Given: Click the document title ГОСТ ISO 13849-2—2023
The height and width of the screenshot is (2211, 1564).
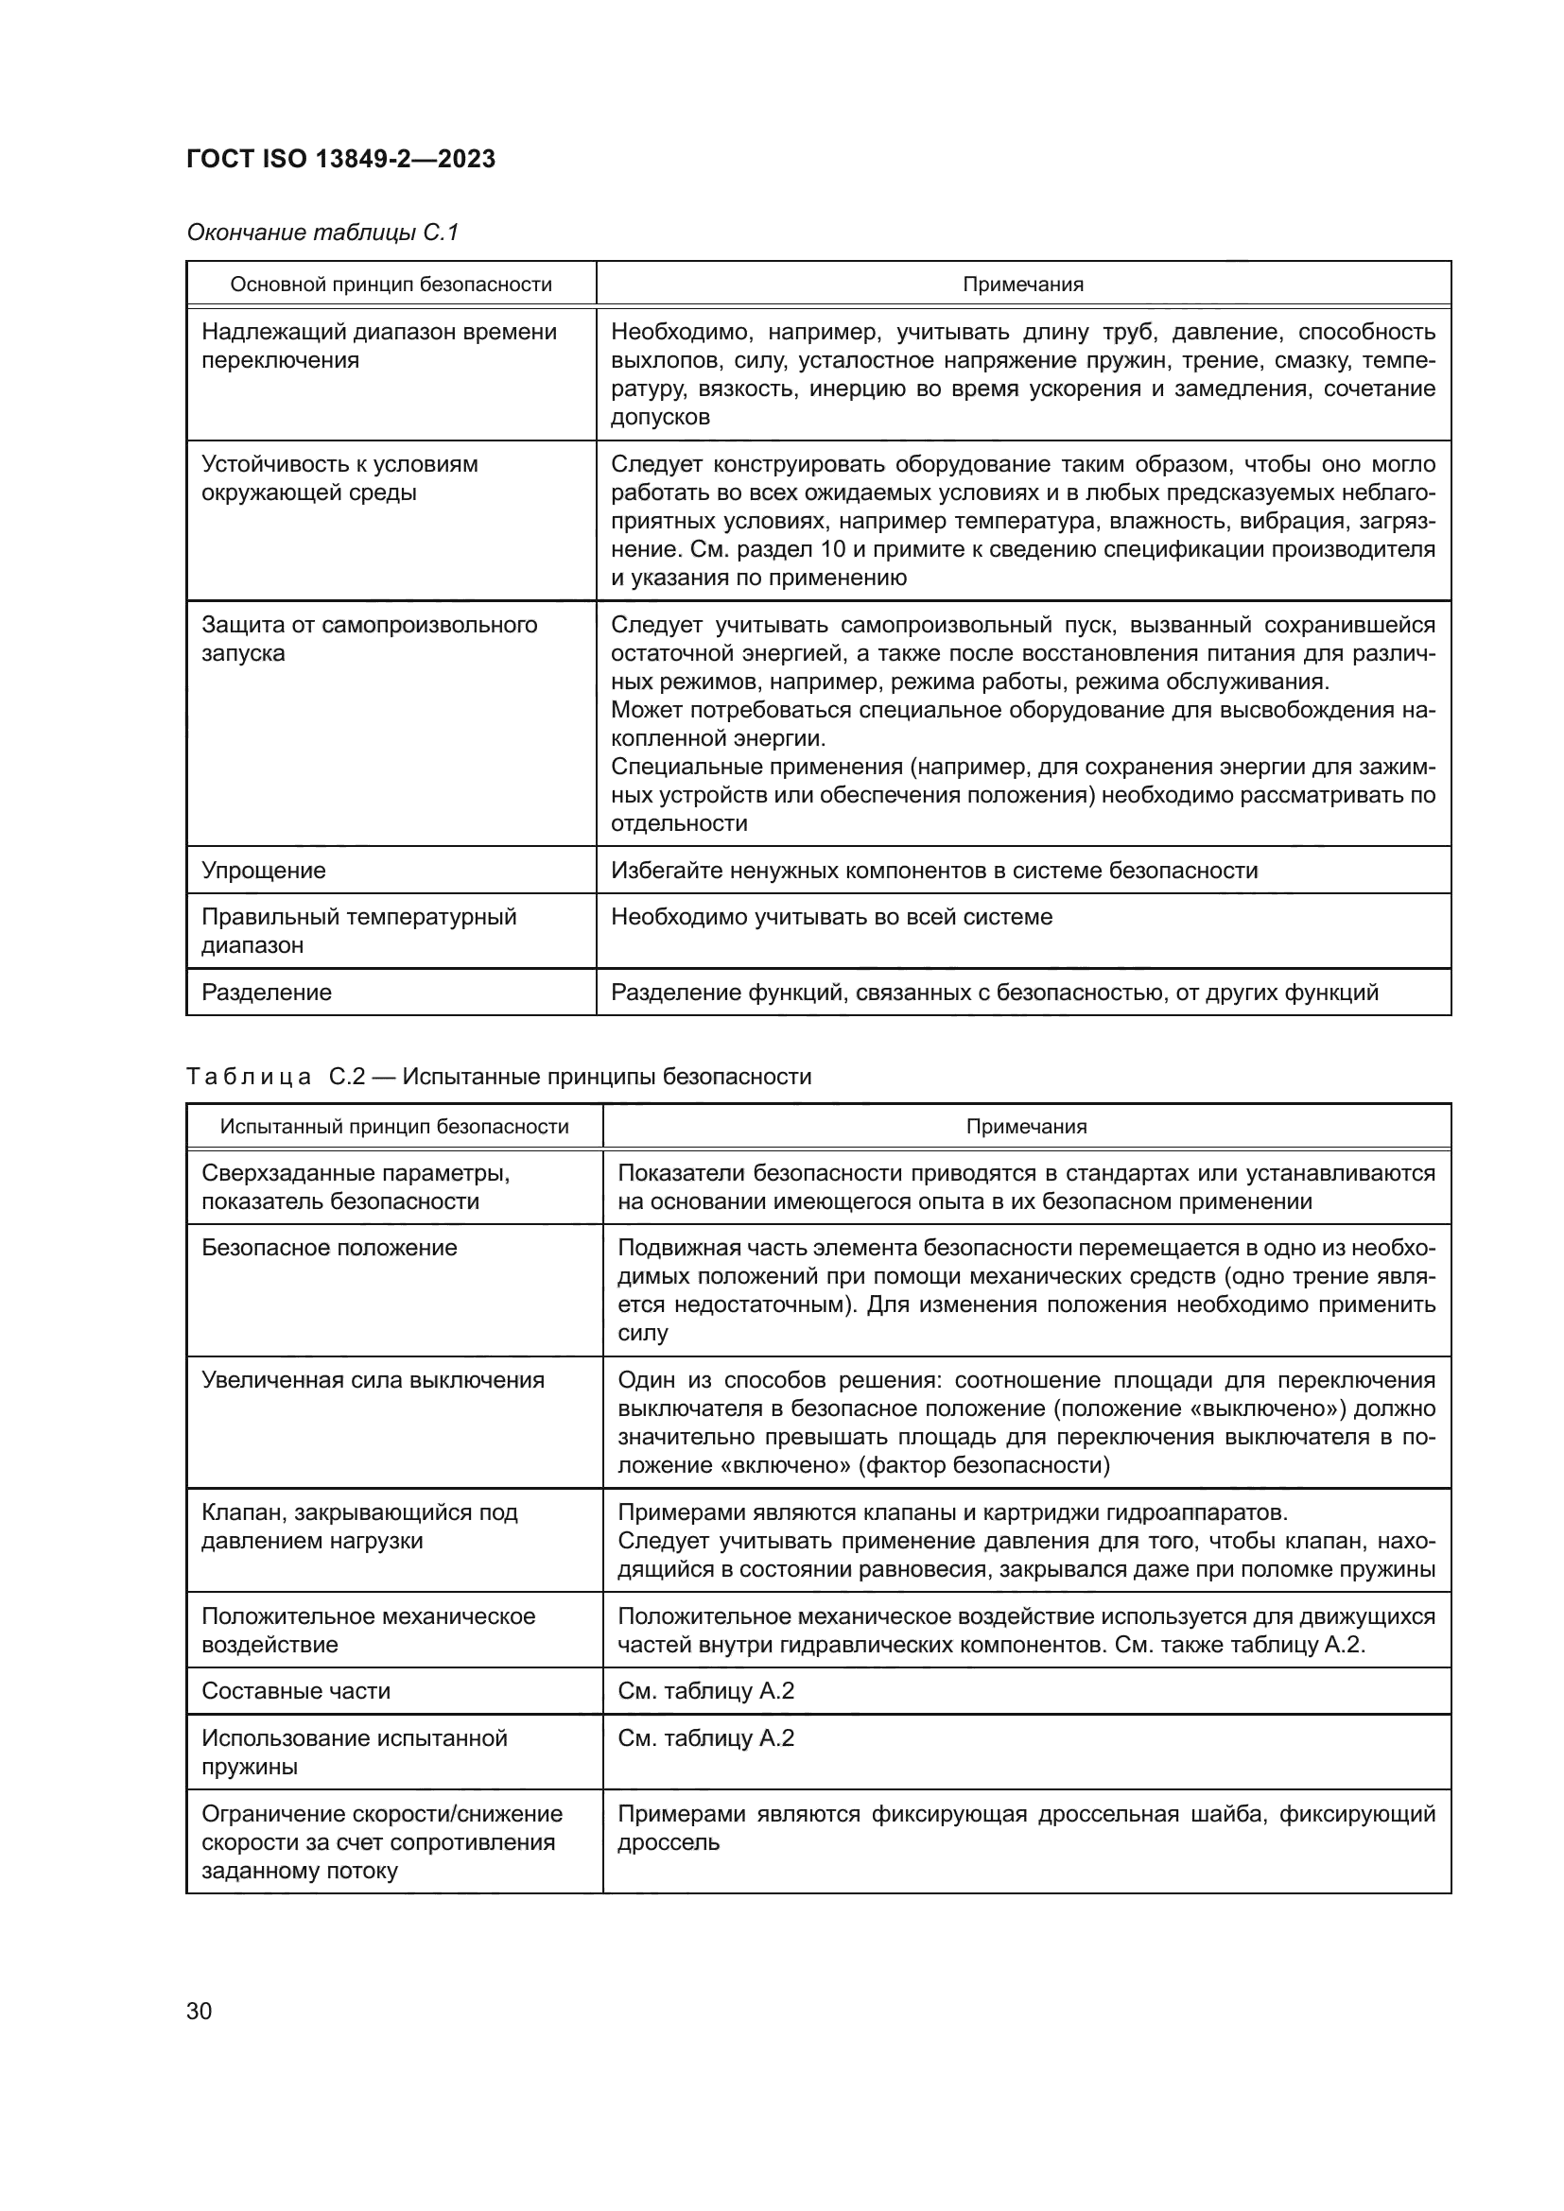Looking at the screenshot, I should coord(340,159).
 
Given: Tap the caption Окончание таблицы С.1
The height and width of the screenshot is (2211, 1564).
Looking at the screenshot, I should coord(322,233).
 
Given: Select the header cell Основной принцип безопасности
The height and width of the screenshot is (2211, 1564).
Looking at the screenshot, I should coord(391,285).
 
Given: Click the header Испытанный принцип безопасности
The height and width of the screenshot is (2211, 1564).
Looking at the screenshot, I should coord(394,1126).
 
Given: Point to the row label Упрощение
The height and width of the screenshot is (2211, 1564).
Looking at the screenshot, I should coord(264,870).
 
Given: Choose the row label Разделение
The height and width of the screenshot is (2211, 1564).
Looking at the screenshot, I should coord(267,992).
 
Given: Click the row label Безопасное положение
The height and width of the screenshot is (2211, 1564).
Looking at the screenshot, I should coord(329,1247).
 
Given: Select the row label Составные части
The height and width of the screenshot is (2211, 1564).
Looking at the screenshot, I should coord(296,1690).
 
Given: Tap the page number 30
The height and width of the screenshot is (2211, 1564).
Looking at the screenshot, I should coord(200,2011).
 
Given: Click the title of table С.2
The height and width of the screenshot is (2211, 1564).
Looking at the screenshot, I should coord(499,1076).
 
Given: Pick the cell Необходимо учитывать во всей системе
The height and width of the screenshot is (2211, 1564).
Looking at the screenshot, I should coord(832,916).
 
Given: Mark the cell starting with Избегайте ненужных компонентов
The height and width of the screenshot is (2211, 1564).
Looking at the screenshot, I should coord(934,870).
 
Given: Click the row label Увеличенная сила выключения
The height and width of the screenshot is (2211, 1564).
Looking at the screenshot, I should coord(373,1379).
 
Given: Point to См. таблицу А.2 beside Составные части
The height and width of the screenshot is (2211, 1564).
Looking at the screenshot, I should coord(706,1690).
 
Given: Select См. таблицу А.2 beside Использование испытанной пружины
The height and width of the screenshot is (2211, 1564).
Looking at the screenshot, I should coord(706,1737).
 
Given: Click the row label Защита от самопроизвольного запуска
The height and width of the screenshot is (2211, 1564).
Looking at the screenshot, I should coord(369,638).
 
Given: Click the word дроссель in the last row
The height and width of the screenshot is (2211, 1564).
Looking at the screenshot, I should coord(669,1842).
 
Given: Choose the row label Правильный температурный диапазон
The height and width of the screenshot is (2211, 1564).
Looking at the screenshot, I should coord(358,930).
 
